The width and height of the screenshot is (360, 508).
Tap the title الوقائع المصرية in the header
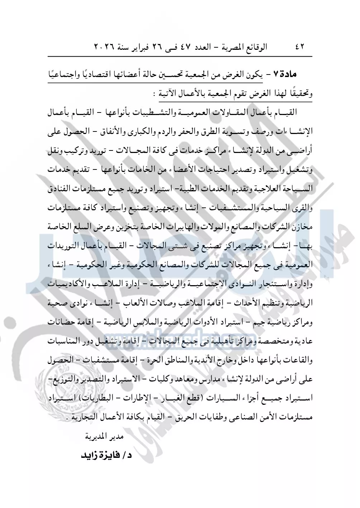point(244,47)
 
